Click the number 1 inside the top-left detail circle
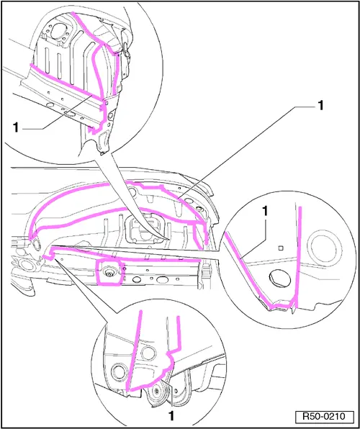click(x=17, y=128)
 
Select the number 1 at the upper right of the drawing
click(x=320, y=105)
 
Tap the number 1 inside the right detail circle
click(x=265, y=211)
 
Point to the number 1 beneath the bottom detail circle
click(x=171, y=416)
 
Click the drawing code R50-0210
click(x=324, y=417)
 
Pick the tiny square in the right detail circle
click(x=280, y=248)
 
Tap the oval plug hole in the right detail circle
click(x=279, y=279)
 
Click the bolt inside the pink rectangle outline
click(x=109, y=272)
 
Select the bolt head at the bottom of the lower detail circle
click(x=156, y=392)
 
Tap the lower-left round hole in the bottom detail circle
click(x=119, y=372)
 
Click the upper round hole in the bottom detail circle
click(x=148, y=353)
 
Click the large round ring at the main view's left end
click(x=25, y=266)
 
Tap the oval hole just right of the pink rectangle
click(x=136, y=280)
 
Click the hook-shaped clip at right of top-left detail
click(x=127, y=50)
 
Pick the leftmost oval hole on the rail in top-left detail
click(x=50, y=104)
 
